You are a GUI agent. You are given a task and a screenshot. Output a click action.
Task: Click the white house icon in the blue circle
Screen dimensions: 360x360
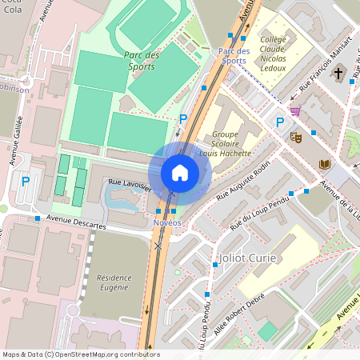(180, 172)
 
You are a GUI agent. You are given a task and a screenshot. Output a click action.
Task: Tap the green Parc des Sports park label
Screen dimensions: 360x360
(142, 60)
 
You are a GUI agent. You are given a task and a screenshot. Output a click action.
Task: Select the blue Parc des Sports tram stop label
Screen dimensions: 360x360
(234, 55)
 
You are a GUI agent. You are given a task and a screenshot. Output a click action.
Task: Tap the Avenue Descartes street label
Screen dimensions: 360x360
(77, 226)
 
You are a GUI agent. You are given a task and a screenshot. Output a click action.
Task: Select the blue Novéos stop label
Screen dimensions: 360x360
(167, 222)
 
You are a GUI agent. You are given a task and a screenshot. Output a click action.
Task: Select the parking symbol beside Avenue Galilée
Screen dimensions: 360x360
(25, 182)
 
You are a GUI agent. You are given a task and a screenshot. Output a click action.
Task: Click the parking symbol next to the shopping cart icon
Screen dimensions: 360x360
(279, 122)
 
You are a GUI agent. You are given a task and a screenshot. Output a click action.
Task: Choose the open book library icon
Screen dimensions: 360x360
(325, 164)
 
